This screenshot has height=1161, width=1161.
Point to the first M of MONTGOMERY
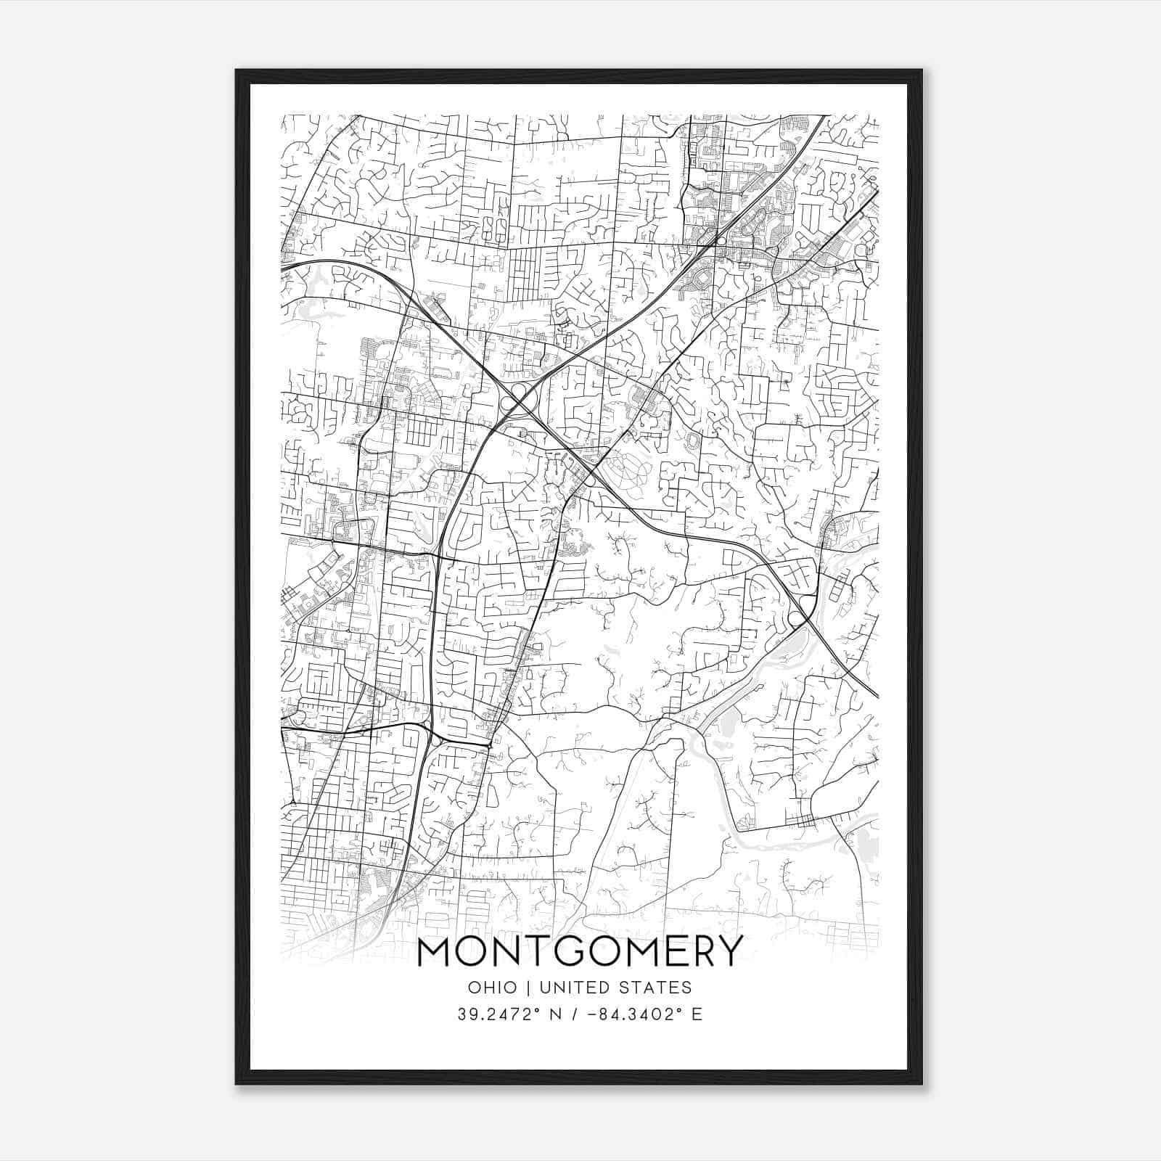click(x=435, y=951)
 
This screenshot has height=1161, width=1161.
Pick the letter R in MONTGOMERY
click(x=697, y=951)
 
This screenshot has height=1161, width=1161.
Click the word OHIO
click(x=493, y=988)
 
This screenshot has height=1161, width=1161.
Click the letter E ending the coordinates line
click(x=697, y=1014)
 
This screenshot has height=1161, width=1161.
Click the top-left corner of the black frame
click(x=237, y=71)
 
